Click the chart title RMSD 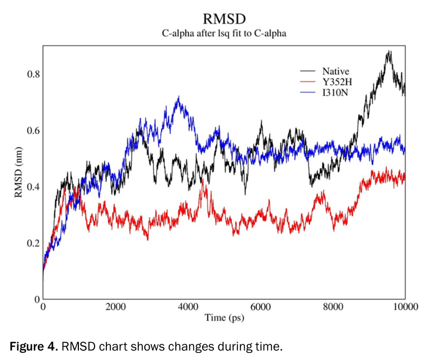(x=224, y=19)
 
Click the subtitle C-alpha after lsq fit (x=224, y=34)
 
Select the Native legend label (x=336, y=71)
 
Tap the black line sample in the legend (x=308, y=71)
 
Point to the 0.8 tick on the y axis (x=33, y=74)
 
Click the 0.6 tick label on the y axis (x=33, y=130)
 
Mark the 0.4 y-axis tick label (x=33, y=187)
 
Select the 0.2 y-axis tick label (x=33, y=243)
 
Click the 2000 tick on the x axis (x=115, y=308)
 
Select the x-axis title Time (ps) (x=224, y=318)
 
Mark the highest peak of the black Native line (x=388, y=51)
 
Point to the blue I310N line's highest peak (x=178, y=97)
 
